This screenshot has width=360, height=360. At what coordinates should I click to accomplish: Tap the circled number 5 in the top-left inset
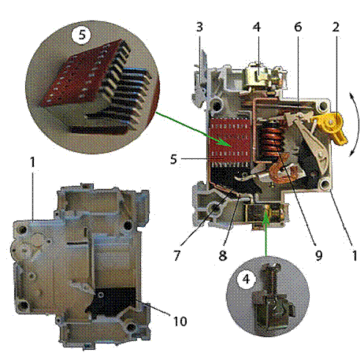(x=82, y=35)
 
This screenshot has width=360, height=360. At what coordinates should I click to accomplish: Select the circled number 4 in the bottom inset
(x=246, y=279)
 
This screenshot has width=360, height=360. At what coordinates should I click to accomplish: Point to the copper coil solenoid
(x=270, y=142)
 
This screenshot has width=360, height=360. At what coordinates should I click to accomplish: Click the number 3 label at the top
(x=199, y=27)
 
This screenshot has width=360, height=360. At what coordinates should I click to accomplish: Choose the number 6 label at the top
(x=298, y=27)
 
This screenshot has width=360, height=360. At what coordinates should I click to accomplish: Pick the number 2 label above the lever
(x=336, y=27)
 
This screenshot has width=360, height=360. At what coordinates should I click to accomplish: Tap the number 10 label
(x=180, y=321)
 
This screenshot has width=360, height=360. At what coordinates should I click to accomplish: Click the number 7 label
(x=176, y=255)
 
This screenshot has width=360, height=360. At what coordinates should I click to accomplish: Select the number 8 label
(x=223, y=255)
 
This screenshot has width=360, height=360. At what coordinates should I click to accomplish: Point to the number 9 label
(x=318, y=255)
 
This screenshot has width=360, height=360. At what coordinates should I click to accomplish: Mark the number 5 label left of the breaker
(x=173, y=159)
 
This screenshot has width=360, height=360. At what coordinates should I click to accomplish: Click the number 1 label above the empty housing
(x=32, y=162)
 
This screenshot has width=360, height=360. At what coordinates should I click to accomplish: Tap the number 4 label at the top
(x=257, y=27)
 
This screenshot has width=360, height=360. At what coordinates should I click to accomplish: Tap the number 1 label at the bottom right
(x=354, y=255)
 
